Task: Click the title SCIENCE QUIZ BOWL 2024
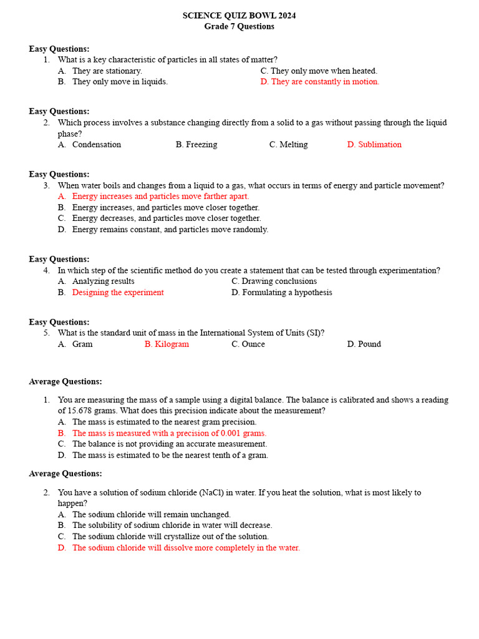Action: click(239, 16)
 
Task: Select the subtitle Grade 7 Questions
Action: click(239, 27)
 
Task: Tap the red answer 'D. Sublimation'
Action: click(374, 145)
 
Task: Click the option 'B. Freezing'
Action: click(196, 145)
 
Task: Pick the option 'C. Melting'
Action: click(288, 145)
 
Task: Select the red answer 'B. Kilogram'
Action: click(167, 344)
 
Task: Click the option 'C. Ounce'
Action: click(248, 344)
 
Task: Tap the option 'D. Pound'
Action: click(364, 344)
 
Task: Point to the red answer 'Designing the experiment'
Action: click(118, 293)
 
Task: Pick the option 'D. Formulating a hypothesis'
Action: click(282, 293)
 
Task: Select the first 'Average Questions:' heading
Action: click(65, 382)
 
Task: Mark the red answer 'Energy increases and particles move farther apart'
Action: click(160, 197)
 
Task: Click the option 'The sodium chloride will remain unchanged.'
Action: click(151, 515)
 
